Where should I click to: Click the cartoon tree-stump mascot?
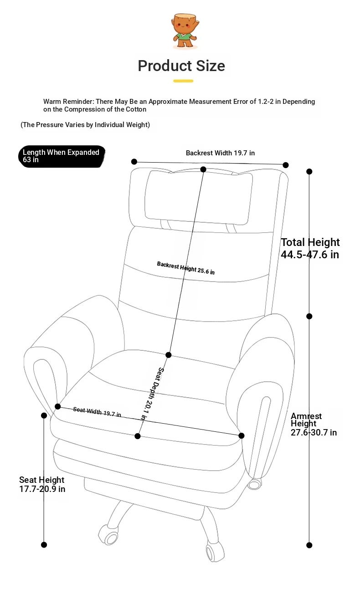coord(185,31)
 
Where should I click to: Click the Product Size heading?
coord(181,66)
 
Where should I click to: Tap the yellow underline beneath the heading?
coord(183,81)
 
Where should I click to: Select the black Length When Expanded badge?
coord(62,156)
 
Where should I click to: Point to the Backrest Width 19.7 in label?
coord(220,153)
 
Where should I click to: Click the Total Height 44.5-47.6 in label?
coord(310,248)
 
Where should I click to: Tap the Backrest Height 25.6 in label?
coord(186,268)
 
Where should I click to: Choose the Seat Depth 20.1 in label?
coord(152,394)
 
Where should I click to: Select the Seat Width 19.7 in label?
coord(97,412)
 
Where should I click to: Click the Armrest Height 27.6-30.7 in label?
coord(314,424)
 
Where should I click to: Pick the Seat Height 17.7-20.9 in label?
coord(42,484)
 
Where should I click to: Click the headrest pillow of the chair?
coord(198,197)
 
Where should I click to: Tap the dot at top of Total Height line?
coord(309,172)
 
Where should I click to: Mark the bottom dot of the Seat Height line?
coord(44,545)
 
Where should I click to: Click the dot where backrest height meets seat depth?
coord(169,355)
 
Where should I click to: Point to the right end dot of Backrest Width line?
coord(286,165)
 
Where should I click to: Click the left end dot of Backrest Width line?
coord(134,162)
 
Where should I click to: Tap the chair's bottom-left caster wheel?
coord(108,535)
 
